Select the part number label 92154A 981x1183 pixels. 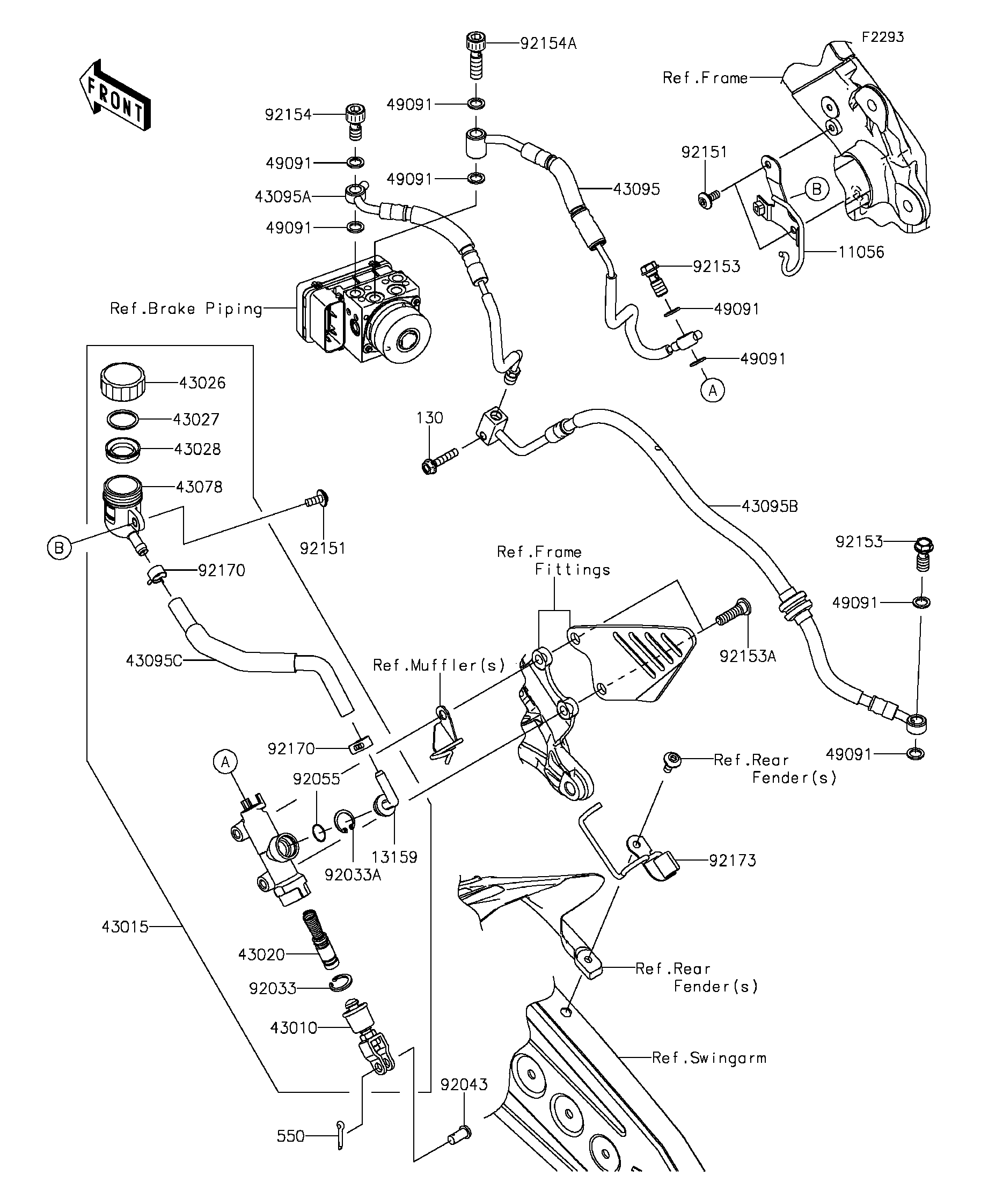point(548,44)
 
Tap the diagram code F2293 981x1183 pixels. point(882,37)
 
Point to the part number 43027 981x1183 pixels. point(195,420)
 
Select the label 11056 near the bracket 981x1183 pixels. point(860,252)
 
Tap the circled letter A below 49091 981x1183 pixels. point(712,390)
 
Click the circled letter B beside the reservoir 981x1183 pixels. point(59,547)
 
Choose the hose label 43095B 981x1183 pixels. point(769,506)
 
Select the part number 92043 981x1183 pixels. point(464,1084)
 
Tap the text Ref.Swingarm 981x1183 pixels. point(709,1058)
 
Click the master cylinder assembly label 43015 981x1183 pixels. point(125,927)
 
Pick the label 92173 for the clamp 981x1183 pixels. point(732,861)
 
